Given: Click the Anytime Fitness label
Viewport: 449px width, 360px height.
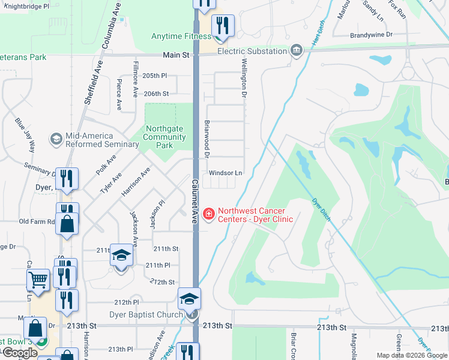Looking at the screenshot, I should (181, 36).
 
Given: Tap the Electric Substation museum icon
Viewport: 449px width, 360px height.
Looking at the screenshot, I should (296, 50).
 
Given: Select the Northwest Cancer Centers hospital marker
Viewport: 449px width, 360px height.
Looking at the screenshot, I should (209, 214).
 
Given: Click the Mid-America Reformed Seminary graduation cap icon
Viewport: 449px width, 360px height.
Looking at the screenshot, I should (56, 139).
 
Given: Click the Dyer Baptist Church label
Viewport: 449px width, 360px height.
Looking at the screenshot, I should (146, 314).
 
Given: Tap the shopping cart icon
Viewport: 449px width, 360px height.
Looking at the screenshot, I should (38, 279).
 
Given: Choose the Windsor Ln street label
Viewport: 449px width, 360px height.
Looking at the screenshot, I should (225, 173).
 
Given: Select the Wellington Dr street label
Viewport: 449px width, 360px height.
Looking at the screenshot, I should (244, 78).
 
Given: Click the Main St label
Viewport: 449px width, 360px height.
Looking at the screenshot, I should (177, 55).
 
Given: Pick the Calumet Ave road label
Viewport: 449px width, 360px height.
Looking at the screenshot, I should (195, 201).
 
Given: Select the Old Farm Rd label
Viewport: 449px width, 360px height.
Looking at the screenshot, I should (37, 221).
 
